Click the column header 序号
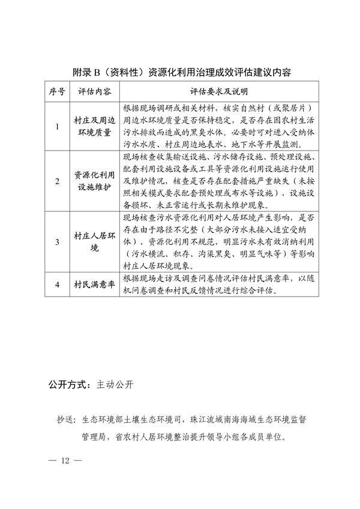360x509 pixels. point(57,91)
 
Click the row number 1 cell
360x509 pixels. point(57,127)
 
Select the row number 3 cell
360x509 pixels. point(57,242)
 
